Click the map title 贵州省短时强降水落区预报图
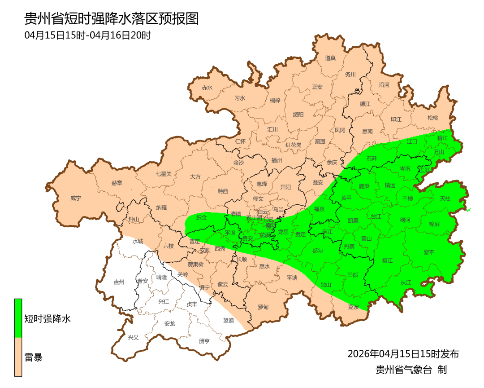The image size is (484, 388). (111, 19)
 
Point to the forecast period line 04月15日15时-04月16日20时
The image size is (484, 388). (87, 35)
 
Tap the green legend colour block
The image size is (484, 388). (18, 318)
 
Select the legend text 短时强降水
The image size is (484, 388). (48, 319)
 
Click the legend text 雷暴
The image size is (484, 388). (34, 357)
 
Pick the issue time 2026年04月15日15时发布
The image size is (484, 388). (403, 354)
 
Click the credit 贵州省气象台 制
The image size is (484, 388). (411, 370)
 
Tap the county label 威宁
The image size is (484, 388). (76, 198)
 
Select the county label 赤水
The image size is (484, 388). (207, 88)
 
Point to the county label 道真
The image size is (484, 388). (330, 58)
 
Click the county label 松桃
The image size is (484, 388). (432, 118)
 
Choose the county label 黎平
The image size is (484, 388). (429, 252)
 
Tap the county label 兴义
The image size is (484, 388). (134, 337)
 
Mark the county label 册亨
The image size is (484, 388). (204, 341)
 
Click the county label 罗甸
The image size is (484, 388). (263, 307)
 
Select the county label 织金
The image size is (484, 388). (202, 217)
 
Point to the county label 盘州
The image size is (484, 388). (119, 282)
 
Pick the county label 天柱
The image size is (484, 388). (445, 198)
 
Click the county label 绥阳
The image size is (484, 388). (298, 115)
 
